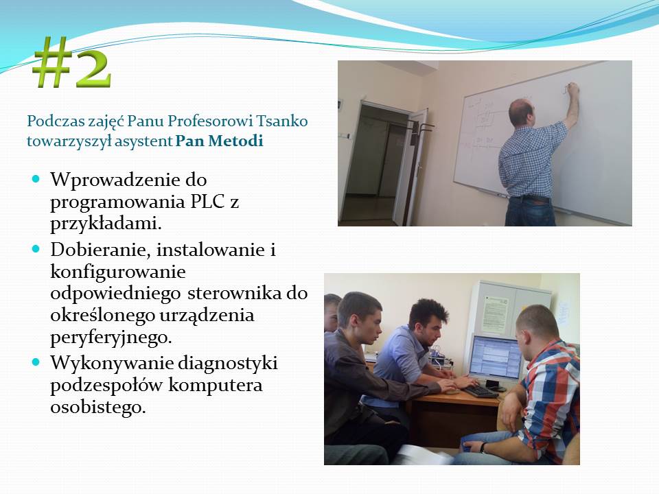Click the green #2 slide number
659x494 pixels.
72,62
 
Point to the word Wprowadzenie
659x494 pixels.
128,180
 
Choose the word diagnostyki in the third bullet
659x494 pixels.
228,364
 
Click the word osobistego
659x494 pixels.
98,407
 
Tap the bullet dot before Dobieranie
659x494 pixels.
36,248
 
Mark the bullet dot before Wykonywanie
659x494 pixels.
36,362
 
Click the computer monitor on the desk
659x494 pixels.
496,357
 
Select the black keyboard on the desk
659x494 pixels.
480,391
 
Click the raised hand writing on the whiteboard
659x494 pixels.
573,89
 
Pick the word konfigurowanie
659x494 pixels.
117,272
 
